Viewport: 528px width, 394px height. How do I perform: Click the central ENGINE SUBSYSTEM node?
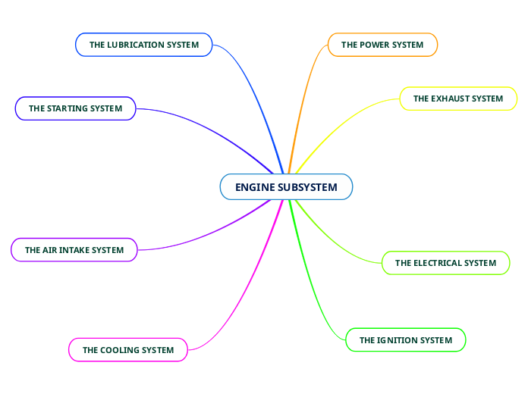click(x=286, y=187)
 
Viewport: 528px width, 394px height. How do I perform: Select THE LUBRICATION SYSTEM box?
click(x=143, y=45)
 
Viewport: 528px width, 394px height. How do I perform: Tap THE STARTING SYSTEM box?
click(x=75, y=108)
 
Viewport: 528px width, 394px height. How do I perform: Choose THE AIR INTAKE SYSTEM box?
click(x=74, y=249)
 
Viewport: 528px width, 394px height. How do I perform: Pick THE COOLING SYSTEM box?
click(x=127, y=350)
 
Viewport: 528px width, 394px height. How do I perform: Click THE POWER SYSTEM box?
click(x=382, y=45)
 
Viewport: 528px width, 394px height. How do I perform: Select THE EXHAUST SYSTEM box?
click(x=457, y=98)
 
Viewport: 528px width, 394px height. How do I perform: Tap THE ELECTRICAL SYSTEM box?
click(x=445, y=263)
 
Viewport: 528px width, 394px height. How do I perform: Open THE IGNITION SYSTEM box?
click(x=405, y=340)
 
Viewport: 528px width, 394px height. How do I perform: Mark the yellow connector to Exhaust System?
click(x=341, y=125)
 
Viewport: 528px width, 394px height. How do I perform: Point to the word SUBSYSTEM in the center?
click(x=307, y=187)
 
